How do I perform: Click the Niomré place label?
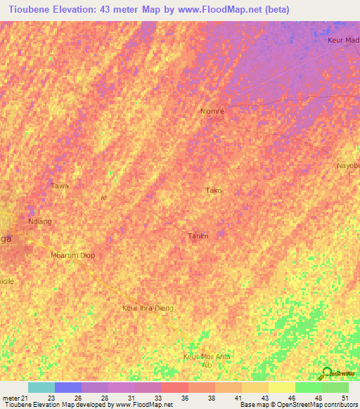[x=212, y=110]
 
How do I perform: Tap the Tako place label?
[x=213, y=190]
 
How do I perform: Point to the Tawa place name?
[x=60, y=186]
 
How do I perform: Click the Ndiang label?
[x=39, y=221]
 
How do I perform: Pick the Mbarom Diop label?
[x=72, y=255]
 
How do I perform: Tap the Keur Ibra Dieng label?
[x=147, y=308]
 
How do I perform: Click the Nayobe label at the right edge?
[x=347, y=165]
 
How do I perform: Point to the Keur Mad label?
[x=343, y=40]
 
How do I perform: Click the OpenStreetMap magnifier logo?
[x=327, y=372]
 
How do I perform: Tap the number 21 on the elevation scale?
[x=25, y=398]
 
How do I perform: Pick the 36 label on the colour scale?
[x=185, y=398]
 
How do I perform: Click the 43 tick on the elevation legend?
[x=265, y=398]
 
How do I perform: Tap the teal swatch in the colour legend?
[x=41, y=387]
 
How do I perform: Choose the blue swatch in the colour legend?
[x=68, y=387]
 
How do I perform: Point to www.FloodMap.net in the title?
[x=215, y=10]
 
